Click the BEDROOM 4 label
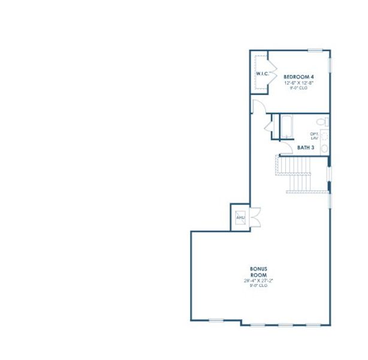tap(299, 77)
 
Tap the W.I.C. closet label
tap(262, 74)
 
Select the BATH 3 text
tap(306, 147)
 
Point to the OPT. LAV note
tap(314, 136)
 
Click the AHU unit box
tap(241, 218)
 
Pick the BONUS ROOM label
tap(258, 272)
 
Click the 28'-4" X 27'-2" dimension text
tap(258, 281)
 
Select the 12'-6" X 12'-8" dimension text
tap(299, 83)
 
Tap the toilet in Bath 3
tap(322, 122)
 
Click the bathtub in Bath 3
tap(286, 127)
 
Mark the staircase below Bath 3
tap(298, 174)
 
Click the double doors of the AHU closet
tap(255, 216)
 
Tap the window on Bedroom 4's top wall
tap(315, 50)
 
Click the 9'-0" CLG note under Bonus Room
tap(258, 286)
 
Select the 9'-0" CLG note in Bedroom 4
tap(299, 88)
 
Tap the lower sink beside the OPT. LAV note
tap(324, 148)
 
